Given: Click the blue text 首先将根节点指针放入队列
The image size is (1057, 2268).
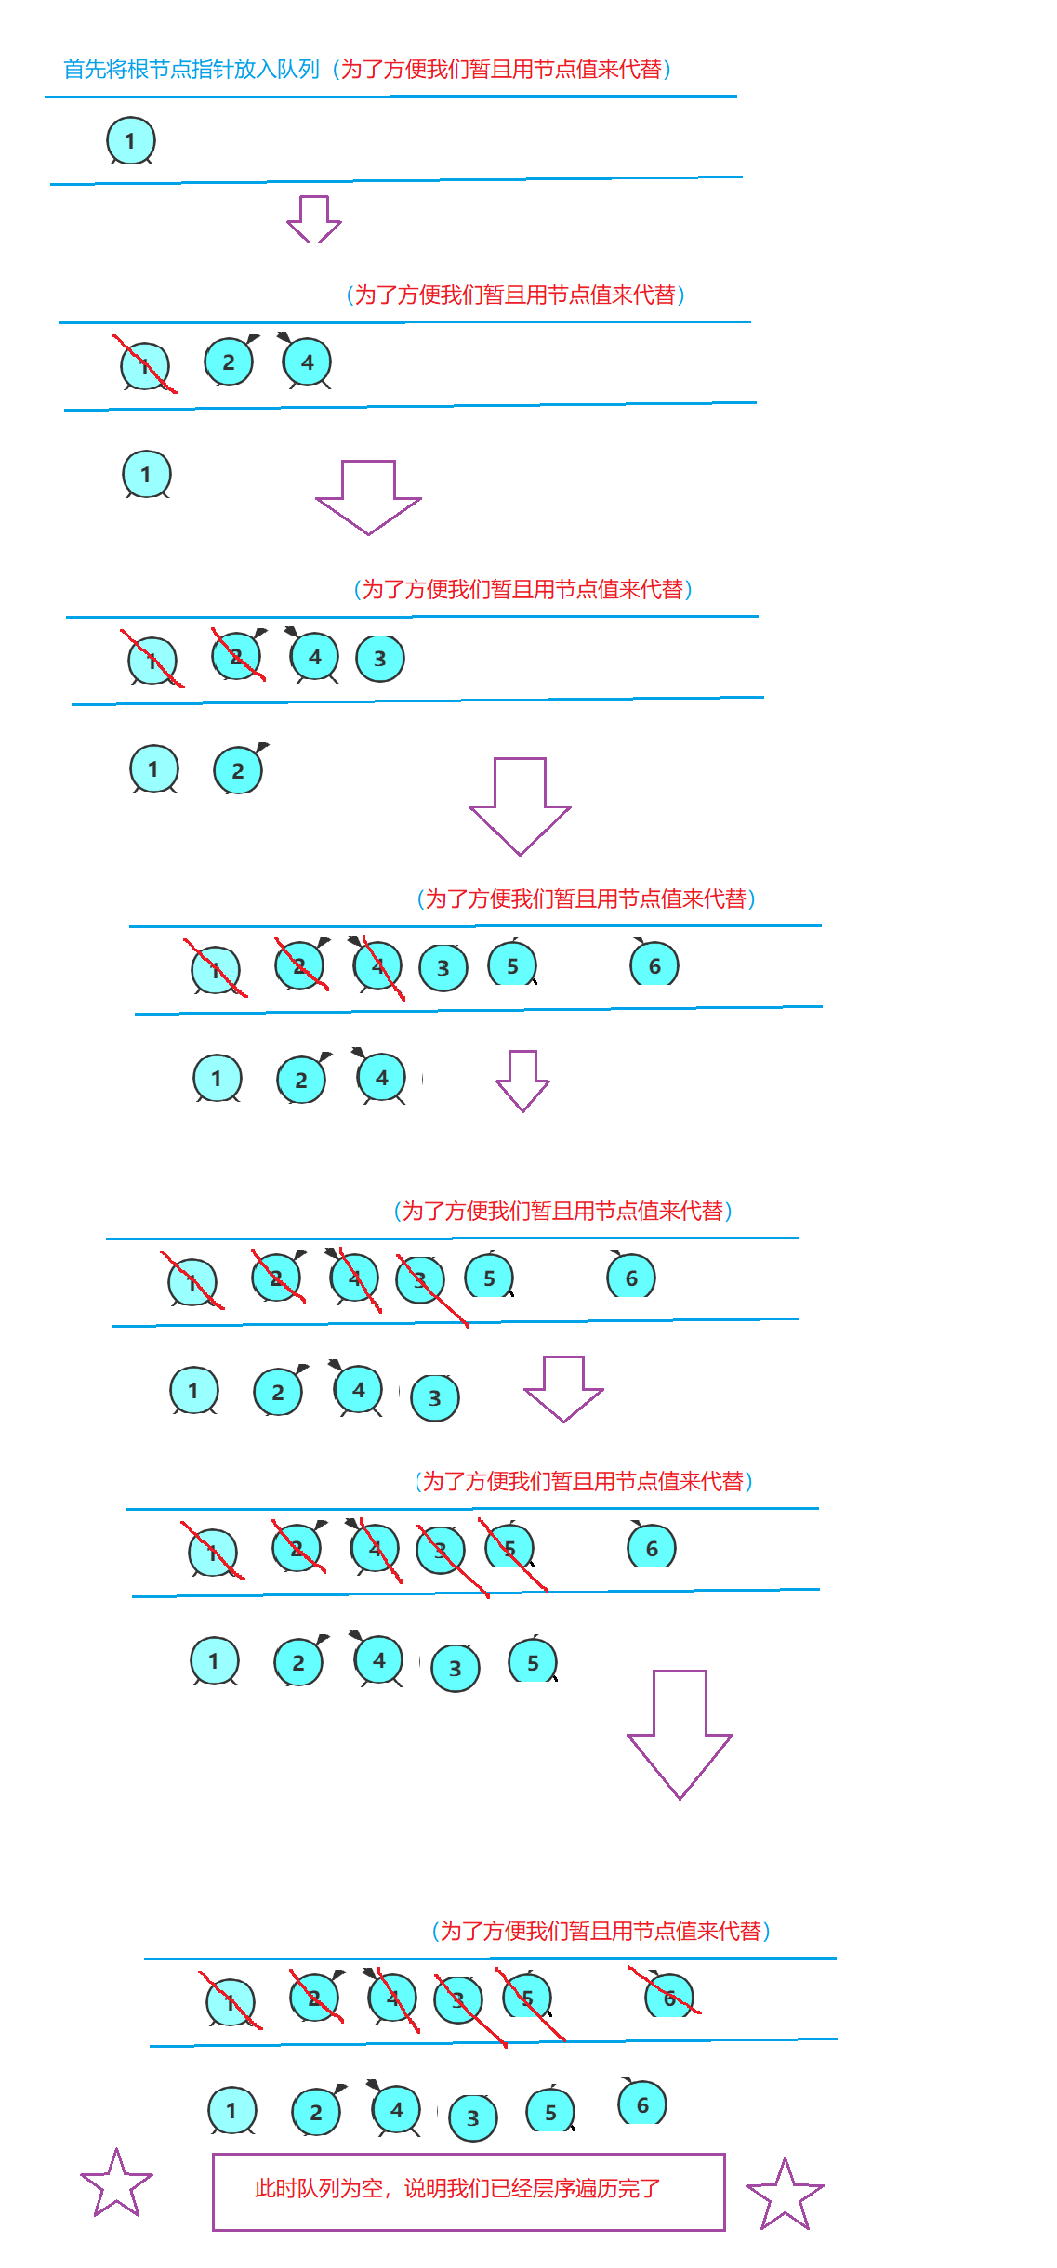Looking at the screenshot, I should (191, 70).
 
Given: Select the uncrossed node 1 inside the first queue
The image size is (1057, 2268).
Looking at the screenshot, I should (130, 141).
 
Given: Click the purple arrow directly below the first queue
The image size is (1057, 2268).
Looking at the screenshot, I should (314, 219).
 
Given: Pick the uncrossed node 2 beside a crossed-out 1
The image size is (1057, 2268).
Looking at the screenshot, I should (229, 362).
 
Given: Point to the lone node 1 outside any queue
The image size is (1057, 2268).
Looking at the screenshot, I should (147, 475).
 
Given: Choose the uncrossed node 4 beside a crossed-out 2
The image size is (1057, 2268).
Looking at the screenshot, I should (315, 657).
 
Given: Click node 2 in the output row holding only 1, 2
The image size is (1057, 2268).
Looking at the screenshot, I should (238, 770).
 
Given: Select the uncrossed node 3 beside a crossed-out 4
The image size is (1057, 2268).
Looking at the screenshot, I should (443, 968).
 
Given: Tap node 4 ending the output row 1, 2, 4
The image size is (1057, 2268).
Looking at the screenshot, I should (381, 1078).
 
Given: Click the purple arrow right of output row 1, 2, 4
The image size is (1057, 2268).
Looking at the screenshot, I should (522, 1081).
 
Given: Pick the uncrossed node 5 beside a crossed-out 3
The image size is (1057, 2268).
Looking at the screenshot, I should (489, 1278).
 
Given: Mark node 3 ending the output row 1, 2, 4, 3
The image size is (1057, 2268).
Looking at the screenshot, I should (435, 1398).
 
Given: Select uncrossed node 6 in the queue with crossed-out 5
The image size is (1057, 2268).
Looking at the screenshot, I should (652, 1548).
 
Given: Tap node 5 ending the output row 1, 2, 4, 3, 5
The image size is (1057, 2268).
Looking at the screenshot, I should (533, 1663).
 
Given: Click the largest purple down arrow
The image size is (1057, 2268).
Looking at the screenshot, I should (680, 1734).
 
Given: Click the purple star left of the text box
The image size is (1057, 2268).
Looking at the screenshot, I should (116, 2184).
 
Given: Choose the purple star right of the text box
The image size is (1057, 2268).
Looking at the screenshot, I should (785, 2196).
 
